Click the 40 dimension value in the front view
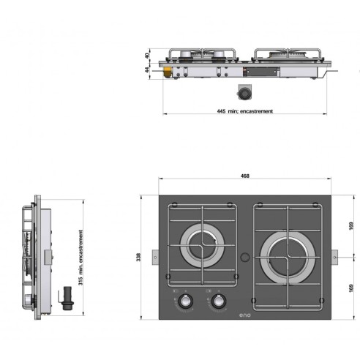coord(146,55)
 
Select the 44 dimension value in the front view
coord(146,70)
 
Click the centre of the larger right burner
coord(287,256)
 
